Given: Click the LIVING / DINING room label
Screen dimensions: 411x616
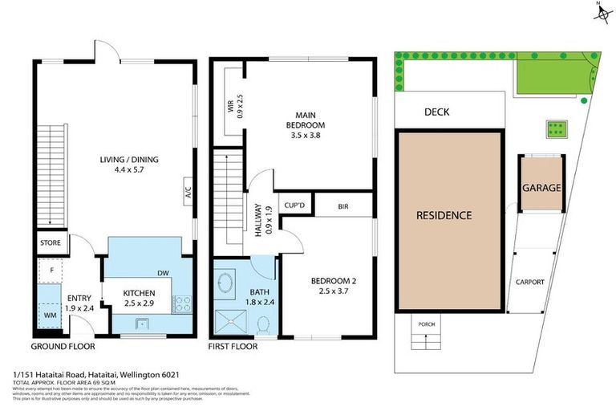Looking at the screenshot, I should pos(124,160).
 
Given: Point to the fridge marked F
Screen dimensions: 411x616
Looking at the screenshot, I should pos(50,271).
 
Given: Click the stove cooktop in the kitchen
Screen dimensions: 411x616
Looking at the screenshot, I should pos(181,303).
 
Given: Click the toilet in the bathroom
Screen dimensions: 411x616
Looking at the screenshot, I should pos(262,324).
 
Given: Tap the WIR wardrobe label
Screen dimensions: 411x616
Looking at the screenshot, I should pos(229,104).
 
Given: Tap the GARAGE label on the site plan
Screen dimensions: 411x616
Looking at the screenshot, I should pos(541,188).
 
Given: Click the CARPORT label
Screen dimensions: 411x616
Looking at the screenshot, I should pos(530,282).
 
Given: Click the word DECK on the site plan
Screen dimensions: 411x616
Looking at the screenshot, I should pos(436,112).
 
